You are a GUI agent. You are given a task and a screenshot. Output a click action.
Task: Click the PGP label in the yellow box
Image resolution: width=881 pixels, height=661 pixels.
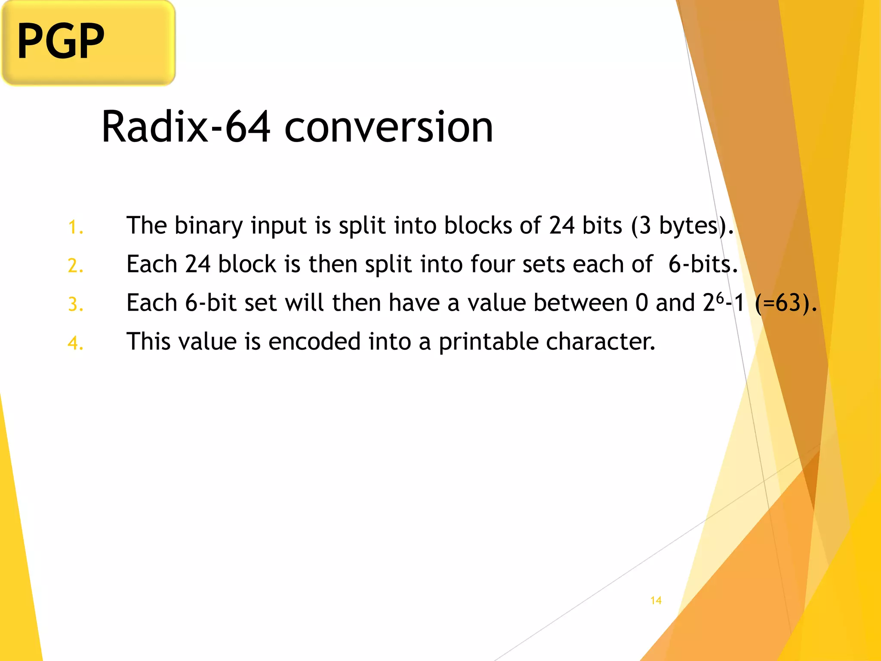[61, 41]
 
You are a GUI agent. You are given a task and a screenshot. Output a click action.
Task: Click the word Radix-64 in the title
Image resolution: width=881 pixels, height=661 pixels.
[186, 127]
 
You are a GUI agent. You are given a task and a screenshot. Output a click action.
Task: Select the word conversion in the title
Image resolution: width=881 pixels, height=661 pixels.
[388, 127]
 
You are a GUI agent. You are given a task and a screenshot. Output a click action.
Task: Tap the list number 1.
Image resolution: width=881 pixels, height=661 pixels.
[75, 227]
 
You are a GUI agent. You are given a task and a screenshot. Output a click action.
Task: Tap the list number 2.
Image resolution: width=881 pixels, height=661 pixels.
[75, 266]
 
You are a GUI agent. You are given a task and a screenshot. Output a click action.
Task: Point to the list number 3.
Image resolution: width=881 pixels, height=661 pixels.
[75, 304]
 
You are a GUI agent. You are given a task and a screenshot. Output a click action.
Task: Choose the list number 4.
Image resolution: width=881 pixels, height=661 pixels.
[75, 343]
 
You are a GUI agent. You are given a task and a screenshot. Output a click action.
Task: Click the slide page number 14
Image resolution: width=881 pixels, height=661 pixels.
[656, 600]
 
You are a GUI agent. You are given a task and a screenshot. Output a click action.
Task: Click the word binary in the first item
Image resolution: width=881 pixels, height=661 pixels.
[209, 226]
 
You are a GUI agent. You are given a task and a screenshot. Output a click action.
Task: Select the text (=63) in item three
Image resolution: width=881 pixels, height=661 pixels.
[783, 303]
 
